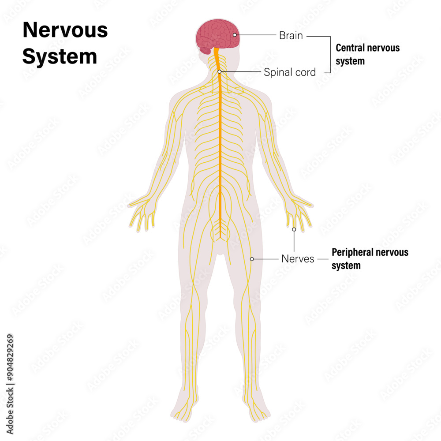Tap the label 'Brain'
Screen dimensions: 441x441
coord(291,35)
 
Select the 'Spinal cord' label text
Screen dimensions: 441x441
coord(290,72)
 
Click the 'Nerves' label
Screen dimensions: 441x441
coord(298,259)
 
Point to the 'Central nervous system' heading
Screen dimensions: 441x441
coord(367,54)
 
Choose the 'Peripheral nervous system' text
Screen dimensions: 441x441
coord(370,259)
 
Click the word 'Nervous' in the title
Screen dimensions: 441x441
coord(65,30)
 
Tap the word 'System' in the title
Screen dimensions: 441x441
coord(60,56)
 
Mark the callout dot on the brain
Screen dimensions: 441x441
coord(235,35)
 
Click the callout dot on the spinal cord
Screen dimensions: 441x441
coord(219,71)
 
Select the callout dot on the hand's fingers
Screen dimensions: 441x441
coord(294,229)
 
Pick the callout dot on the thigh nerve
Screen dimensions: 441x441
coord(252,259)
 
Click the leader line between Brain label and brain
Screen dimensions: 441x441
coord(256,35)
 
